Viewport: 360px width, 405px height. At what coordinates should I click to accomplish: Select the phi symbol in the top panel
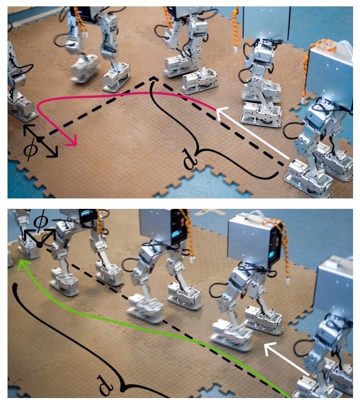click(x=30, y=149)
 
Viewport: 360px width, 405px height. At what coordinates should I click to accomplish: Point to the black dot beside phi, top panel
click(x=39, y=139)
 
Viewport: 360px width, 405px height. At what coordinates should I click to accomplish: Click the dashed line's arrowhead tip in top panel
click(x=154, y=76)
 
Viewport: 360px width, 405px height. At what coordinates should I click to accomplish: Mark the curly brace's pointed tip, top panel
click(x=196, y=154)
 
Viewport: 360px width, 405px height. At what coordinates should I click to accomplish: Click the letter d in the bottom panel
click(x=105, y=386)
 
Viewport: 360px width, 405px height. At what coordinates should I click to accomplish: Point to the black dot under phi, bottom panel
click(x=39, y=244)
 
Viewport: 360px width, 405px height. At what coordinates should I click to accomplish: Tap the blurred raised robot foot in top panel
click(x=85, y=68)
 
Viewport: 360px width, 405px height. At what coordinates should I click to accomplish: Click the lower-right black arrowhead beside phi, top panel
click(x=53, y=153)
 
